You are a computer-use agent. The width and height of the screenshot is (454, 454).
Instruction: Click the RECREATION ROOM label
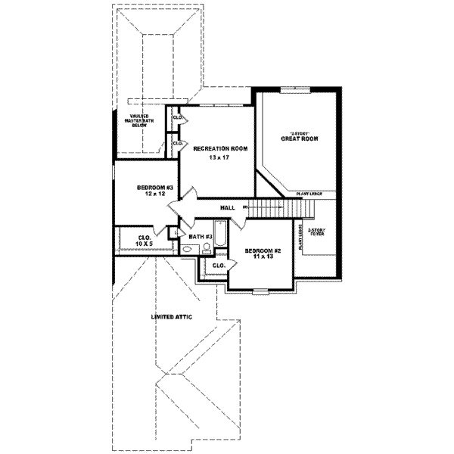[220, 148]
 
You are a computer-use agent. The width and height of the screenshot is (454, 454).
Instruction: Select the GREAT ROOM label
[298, 138]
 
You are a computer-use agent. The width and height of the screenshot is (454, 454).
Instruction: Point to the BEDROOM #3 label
[155, 187]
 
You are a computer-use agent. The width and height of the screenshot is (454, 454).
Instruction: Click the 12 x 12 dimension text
[155, 194]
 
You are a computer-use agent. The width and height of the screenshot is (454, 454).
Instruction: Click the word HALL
[228, 207]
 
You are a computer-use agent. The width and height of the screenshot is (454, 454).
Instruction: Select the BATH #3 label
[201, 238]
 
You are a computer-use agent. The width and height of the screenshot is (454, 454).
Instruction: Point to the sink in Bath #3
[187, 249]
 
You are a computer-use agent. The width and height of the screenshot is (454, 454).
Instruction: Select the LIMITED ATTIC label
[171, 317]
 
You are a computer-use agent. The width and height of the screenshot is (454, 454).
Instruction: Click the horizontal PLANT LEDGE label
[309, 194]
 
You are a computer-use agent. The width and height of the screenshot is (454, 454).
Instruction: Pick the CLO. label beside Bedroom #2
[219, 266]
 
